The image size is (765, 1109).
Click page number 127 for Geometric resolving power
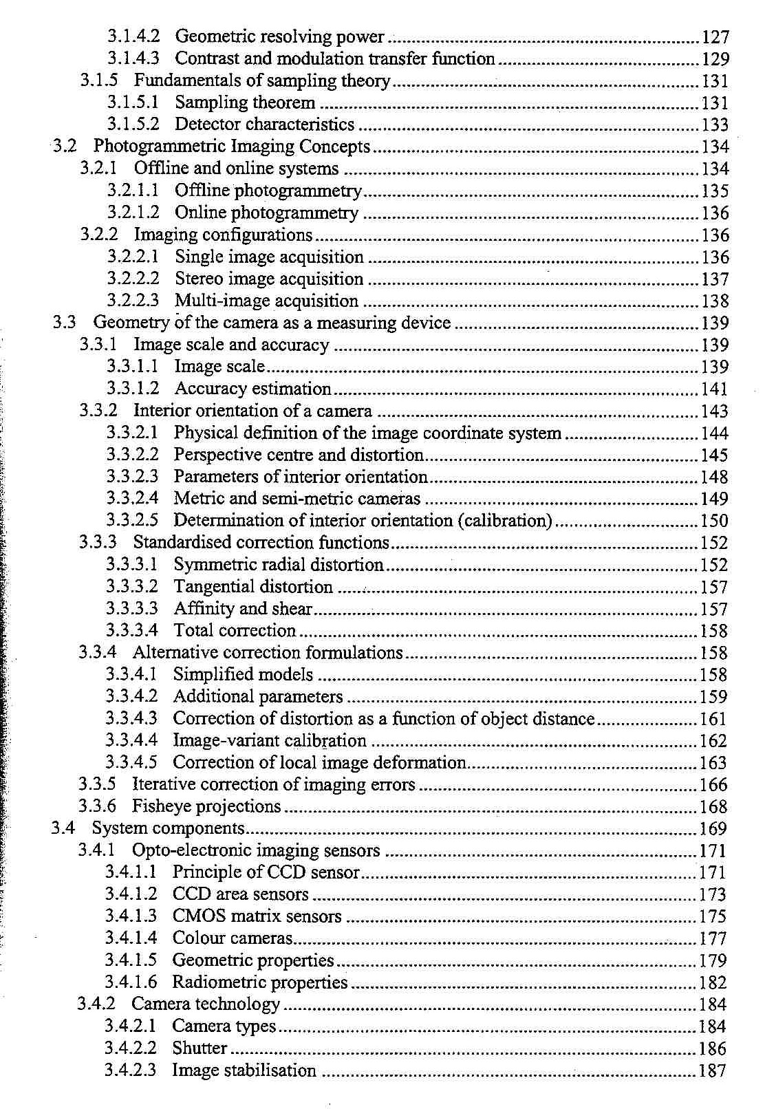[x=715, y=37]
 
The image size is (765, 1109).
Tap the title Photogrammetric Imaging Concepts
[x=231, y=147]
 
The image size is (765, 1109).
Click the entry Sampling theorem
[x=245, y=103]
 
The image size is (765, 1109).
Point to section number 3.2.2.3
[x=133, y=301]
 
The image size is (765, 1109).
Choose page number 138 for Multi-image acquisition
[x=715, y=301]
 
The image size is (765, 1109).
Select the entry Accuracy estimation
[x=252, y=389]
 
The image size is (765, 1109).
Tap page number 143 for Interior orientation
[x=714, y=411]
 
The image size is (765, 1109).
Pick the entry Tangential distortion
[x=253, y=587]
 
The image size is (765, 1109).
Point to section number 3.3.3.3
[x=131, y=609]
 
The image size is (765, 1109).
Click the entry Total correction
[x=235, y=631]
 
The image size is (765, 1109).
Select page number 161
[x=713, y=720]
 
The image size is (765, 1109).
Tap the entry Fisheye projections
[x=206, y=806]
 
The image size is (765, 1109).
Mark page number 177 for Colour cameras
[x=713, y=939]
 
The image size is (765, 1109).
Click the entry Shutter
[x=200, y=1048]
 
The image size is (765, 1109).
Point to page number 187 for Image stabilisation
[x=713, y=1071]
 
